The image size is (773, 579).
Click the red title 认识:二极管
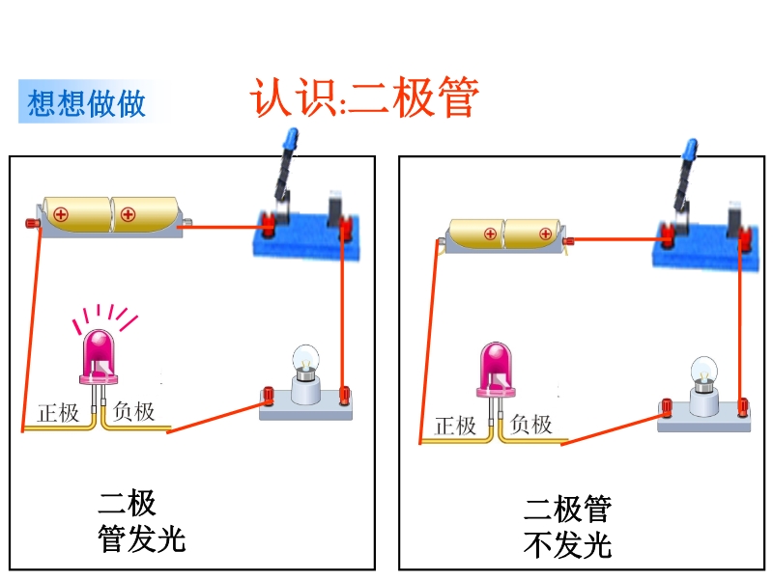[x=364, y=97]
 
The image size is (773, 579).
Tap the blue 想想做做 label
[x=87, y=103]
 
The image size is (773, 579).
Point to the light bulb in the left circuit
[x=307, y=374]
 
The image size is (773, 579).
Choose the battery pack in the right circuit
[x=503, y=234]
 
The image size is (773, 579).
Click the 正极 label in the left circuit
[x=58, y=413]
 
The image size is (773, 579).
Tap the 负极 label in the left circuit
[x=133, y=412]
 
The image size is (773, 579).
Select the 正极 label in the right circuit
[x=455, y=425]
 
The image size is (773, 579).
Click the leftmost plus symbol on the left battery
[x=61, y=214]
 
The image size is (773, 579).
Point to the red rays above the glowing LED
[x=106, y=315]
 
